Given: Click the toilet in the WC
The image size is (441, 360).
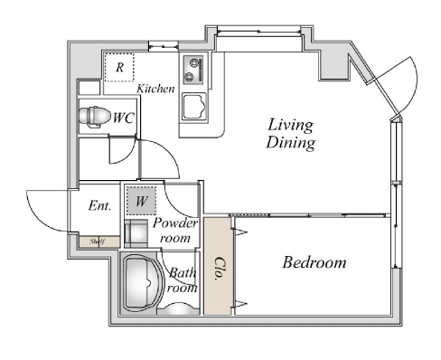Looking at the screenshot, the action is pyautogui.click(x=94, y=117).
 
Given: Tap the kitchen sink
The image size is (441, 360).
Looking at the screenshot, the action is pyautogui.click(x=194, y=107).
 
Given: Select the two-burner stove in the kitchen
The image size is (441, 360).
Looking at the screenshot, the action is pyautogui.click(x=193, y=70).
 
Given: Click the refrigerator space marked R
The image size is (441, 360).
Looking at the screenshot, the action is pyautogui.click(x=119, y=67).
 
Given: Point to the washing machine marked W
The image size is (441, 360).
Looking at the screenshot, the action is pyautogui.click(x=141, y=201).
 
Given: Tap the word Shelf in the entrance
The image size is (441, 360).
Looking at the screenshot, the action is pyautogui.click(x=98, y=242).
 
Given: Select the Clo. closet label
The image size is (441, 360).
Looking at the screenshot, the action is pyautogui.click(x=221, y=269).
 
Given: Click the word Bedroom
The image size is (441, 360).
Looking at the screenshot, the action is pyautogui.click(x=314, y=262).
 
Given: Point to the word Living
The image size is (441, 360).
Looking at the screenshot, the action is pyautogui.click(x=290, y=125).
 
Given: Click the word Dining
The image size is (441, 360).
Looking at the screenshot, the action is pyautogui.click(x=290, y=143).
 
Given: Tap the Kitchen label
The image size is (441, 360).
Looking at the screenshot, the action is pyautogui.click(x=155, y=89).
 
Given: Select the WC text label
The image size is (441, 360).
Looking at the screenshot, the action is pyautogui.click(x=123, y=118).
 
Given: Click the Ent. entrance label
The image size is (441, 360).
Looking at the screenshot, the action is pyautogui.click(x=100, y=206).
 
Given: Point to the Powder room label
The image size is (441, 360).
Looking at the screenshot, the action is pyautogui.click(x=175, y=231).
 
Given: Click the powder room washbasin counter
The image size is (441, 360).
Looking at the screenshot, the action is pyautogui.click(x=136, y=233).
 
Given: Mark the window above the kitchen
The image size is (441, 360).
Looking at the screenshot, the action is pyautogui.click(x=164, y=46).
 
